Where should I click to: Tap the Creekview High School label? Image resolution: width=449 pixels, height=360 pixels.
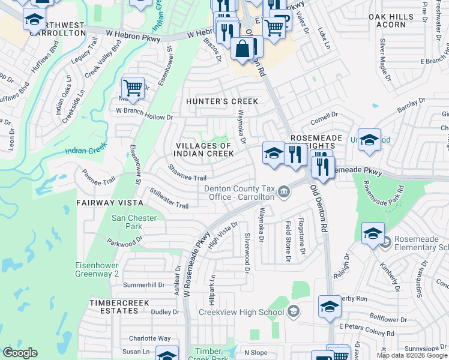pyautogui.click(x=241, y=312)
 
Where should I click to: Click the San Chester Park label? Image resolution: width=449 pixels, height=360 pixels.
pyautogui.click(x=134, y=222)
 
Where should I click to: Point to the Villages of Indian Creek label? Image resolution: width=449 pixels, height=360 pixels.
pyautogui.click(x=204, y=149)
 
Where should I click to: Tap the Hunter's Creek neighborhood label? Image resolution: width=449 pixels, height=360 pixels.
pyautogui.click(x=221, y=101)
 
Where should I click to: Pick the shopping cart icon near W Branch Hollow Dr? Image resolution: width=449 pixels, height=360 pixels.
pyautogui.click(x=133, y=87)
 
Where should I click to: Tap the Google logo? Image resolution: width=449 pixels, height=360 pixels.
pyautogui.click(x=20, y=353)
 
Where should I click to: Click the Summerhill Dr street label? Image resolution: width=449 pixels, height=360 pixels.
pyautogui.click(x=144, y=284)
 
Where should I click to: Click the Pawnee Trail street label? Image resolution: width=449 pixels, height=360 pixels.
pyautogui.click(x=98, y=180)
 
